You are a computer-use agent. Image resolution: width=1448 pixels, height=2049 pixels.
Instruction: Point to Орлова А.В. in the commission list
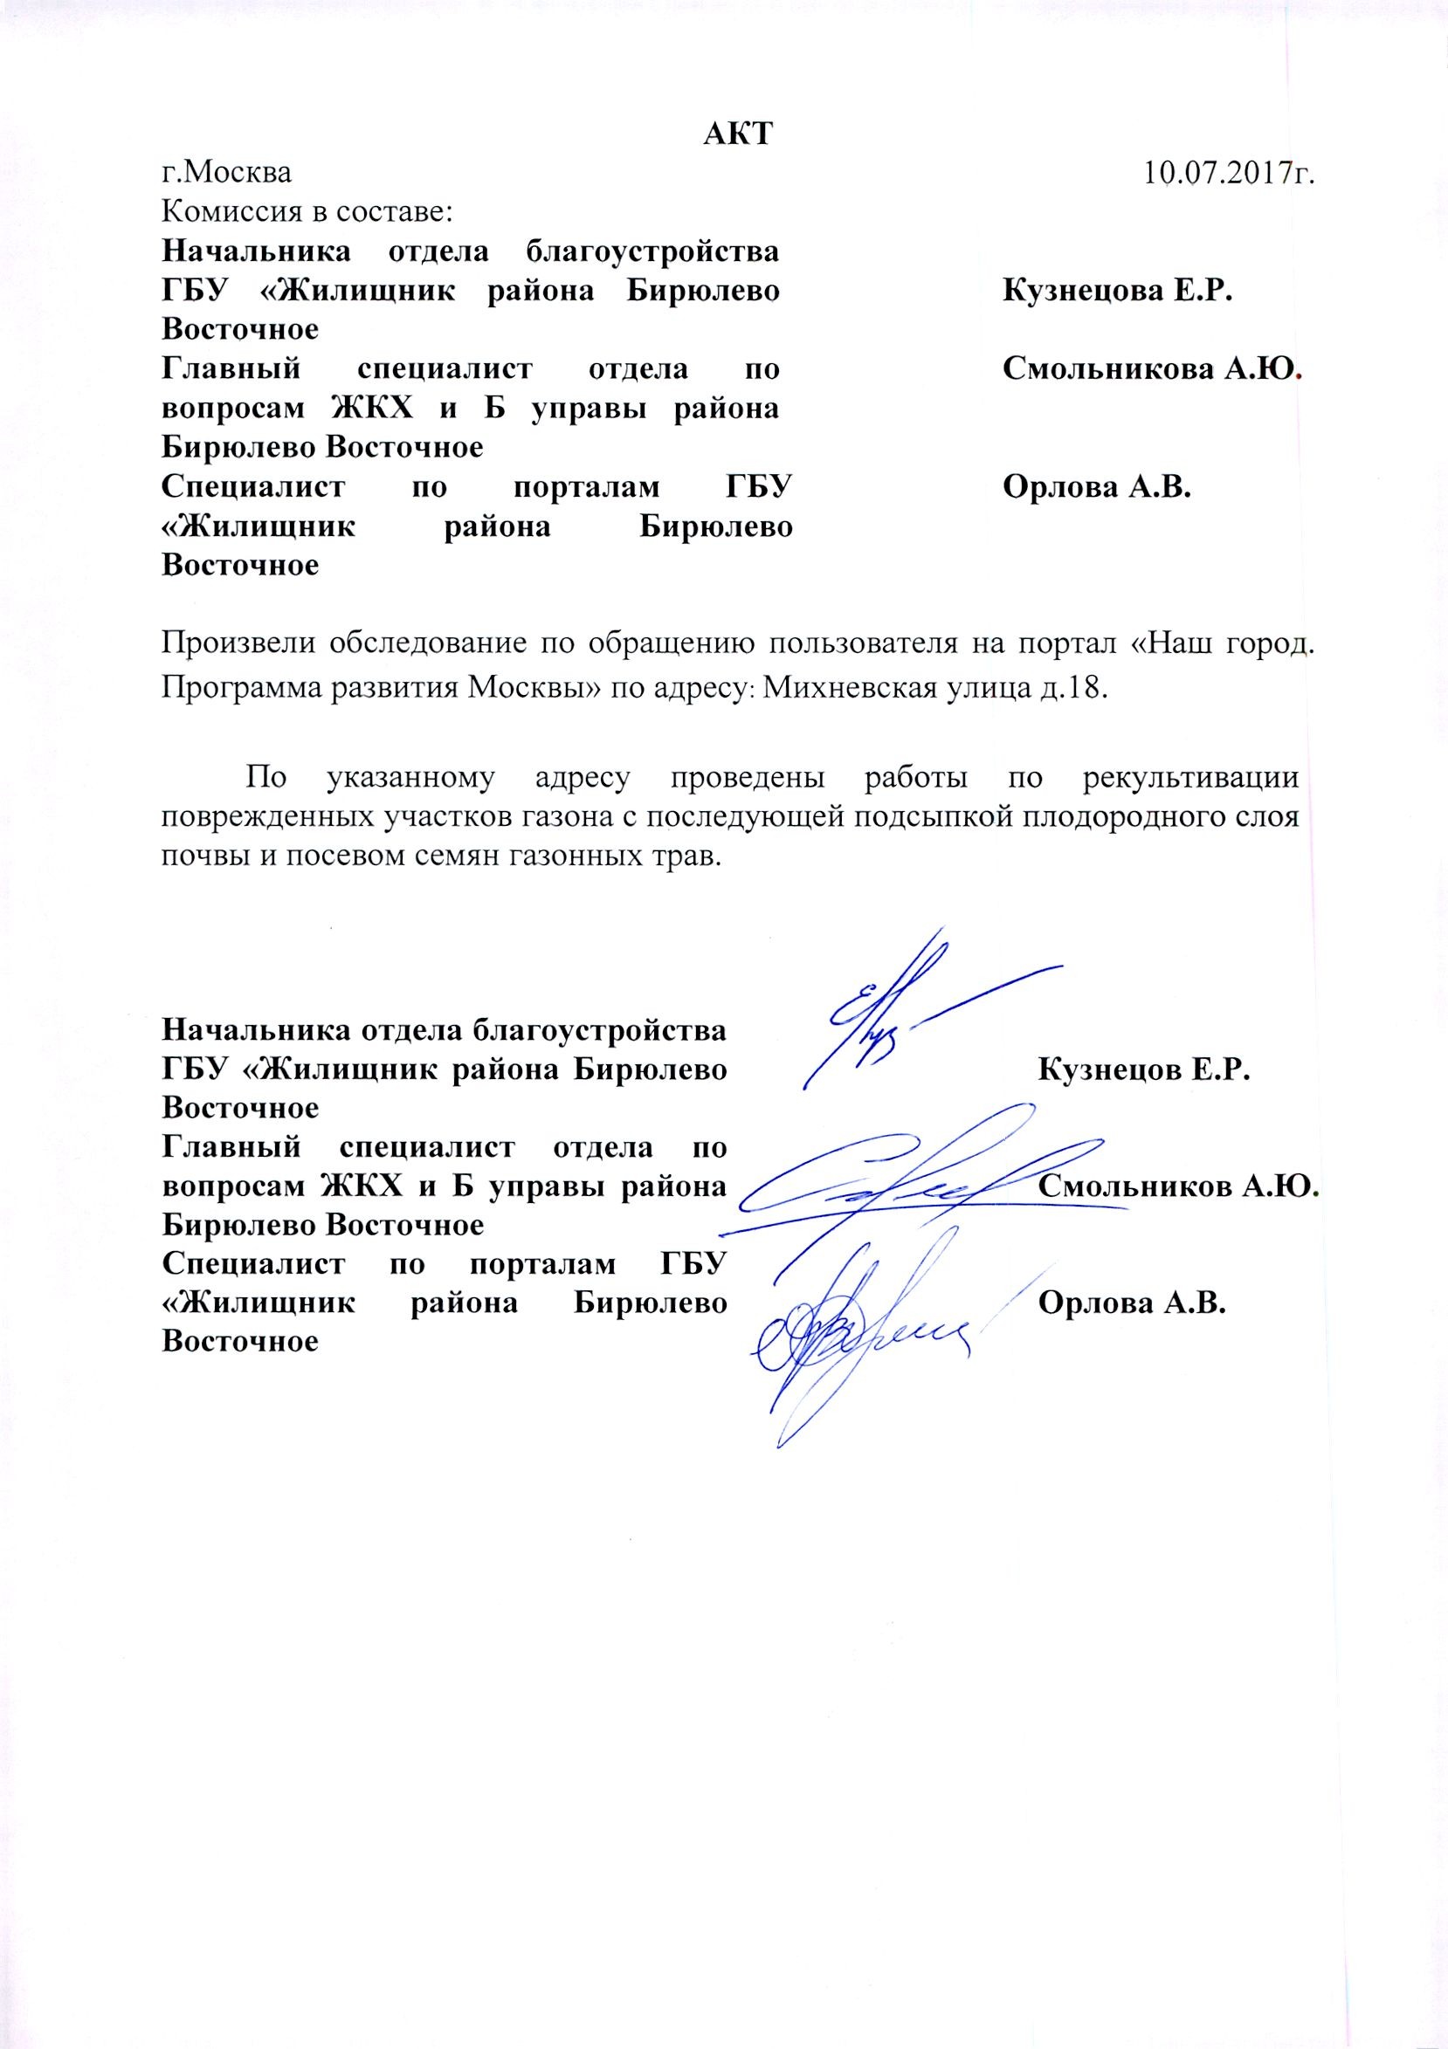coord(1098,487)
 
